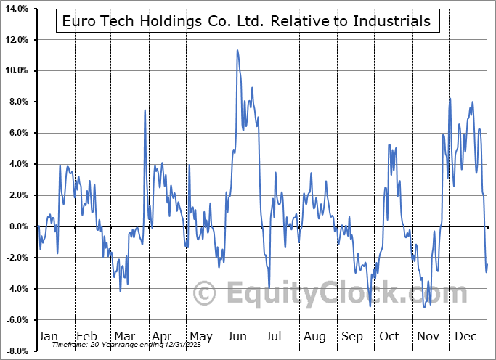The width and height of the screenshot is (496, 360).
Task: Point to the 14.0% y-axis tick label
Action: tap(16, 9)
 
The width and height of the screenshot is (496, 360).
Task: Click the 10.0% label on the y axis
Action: tap(16, 71)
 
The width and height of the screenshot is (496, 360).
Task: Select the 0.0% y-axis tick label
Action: tap(17, 227)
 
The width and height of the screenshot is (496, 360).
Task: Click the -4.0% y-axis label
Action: tap(16, 289)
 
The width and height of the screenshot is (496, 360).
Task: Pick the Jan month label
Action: tap(47, 336)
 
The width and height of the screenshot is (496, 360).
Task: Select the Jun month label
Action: tap(237, 336)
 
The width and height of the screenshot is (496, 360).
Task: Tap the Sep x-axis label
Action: tap(352, 336)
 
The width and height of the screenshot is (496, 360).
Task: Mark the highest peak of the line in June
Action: tap(237, 50)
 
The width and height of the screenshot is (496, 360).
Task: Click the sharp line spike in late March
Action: tap(145, 110)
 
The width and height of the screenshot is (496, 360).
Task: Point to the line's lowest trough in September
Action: tap(370, 306)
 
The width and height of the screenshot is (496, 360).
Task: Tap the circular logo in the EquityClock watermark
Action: tap(206, 293)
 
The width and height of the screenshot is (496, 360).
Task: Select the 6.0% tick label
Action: tap(17, 134)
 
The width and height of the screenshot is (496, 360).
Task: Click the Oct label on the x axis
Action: tap(390, 336)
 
